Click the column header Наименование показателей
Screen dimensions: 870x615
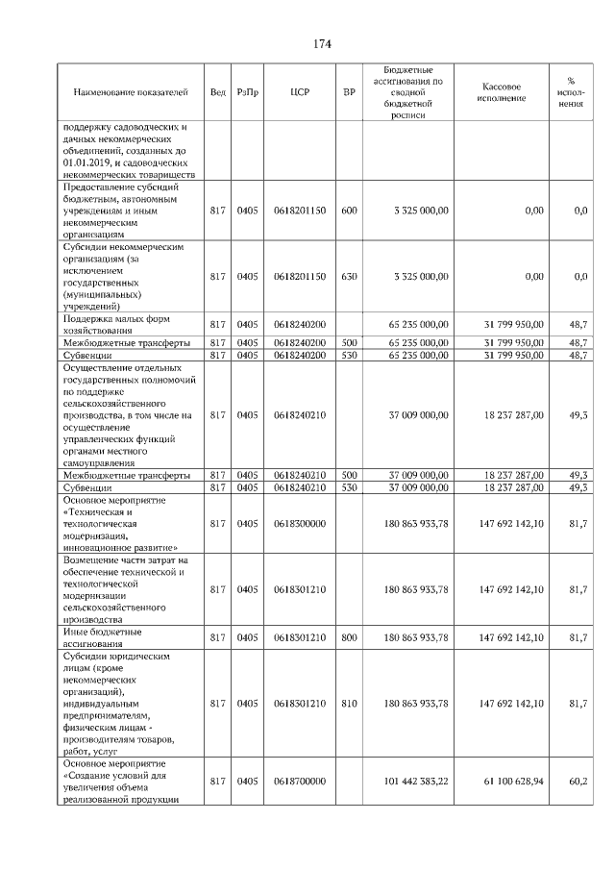click(131, 92)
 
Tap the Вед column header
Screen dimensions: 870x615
click(218, 92)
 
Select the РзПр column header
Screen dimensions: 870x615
click(248, 92)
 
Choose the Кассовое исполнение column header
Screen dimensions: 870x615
click(501, 92)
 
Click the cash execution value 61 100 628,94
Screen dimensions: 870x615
click(511, 782)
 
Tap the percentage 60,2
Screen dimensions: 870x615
click(578, 782)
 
